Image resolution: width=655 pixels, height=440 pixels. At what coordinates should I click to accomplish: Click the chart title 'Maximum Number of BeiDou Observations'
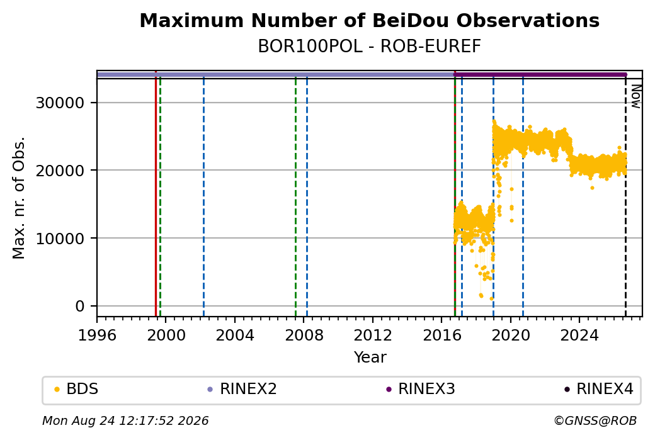pos(369,21)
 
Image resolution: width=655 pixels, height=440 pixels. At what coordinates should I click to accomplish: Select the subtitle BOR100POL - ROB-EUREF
pos(369,47)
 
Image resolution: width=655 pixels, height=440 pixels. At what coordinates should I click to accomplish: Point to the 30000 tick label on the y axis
pos(60,103)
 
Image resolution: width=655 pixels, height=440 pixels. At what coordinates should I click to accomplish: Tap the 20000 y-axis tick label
pos(60,171)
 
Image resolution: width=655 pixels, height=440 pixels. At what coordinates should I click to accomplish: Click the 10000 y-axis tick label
pos(60,239)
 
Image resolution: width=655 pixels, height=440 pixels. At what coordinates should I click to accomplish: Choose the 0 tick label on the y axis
pos(80,307)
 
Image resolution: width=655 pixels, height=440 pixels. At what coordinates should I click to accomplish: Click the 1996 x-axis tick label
pos(98,336)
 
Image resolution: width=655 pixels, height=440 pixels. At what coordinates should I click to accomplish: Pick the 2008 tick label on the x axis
pos(304,336)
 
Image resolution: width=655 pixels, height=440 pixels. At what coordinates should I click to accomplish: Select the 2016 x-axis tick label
pos(442,336)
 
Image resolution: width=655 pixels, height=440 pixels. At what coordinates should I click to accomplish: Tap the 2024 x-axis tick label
pos(579,336)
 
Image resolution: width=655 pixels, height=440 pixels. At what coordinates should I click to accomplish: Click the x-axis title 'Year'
pos(370,358)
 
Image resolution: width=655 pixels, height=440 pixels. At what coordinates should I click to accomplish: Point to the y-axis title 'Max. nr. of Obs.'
pos(19,198)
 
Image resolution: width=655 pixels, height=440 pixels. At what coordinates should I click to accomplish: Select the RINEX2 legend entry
pos(242,389)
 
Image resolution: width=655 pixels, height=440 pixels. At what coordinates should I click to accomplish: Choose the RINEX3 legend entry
pos(421,389)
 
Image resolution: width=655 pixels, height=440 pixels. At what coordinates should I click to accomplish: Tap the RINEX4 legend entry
pos(599,389)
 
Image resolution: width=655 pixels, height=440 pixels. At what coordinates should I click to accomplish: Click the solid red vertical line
pos(156,194)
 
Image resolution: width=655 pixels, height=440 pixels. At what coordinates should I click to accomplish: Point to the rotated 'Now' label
pos(635,96)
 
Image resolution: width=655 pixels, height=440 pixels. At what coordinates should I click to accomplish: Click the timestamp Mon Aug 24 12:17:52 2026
pos(125,420)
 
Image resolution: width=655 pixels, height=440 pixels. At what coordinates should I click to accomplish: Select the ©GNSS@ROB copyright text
pos(595,420)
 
